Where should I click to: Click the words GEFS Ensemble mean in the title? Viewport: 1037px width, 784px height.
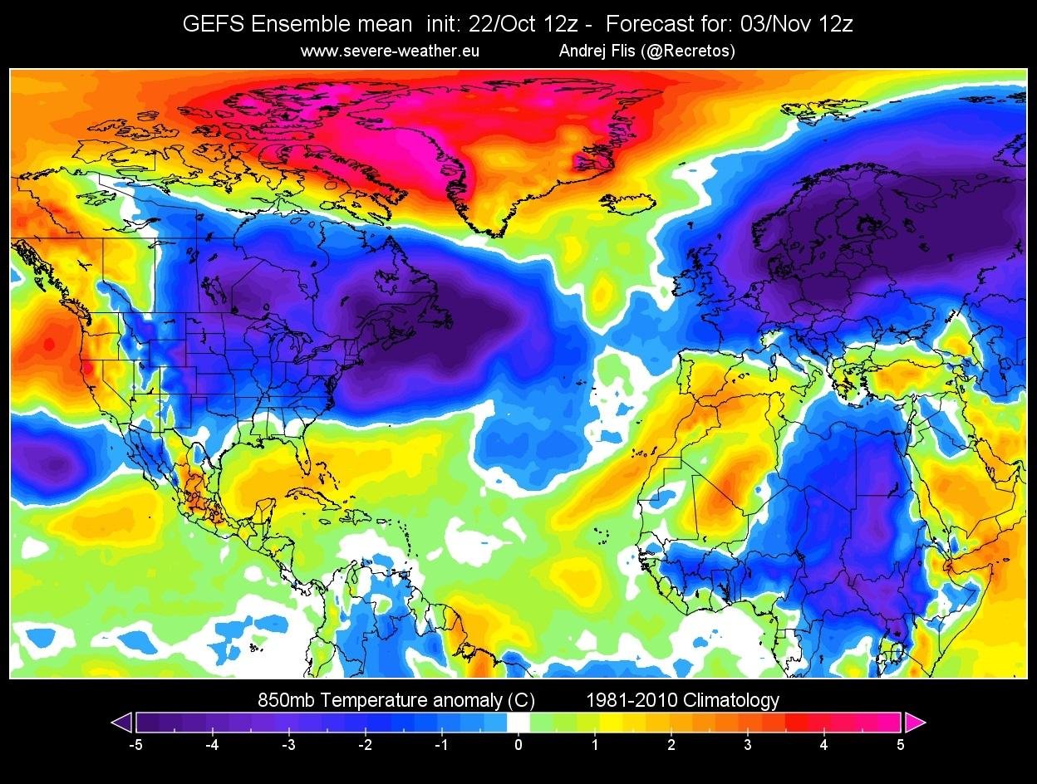pyautogui.click(x=297, y=25)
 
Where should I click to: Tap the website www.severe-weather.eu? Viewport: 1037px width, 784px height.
pyautogui.click(x=390, y=51)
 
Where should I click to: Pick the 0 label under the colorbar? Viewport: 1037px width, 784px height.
pyautogui.click(x=518, y=745)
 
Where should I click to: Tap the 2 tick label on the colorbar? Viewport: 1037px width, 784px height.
pyautogui.click(x=671, y=745)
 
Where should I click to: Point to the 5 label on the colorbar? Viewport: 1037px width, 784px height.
pyautogui.click(x=901, y=745)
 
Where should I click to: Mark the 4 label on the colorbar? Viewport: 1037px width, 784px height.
pyautogui.click(x=824, y=745)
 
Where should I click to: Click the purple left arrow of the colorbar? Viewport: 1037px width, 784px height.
pyautogui.click(x=122, y=723)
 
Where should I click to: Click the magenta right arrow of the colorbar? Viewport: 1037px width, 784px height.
pyautogui.click(x=915, y=723)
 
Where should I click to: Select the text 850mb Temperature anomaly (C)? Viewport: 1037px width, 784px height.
pyautogui.click(x=396, y=700)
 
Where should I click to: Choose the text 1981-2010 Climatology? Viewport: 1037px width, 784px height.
pyautogui.click(x=683, y=700)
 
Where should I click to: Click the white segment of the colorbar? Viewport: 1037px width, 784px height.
pyautogui.click(x=518, y=723)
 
